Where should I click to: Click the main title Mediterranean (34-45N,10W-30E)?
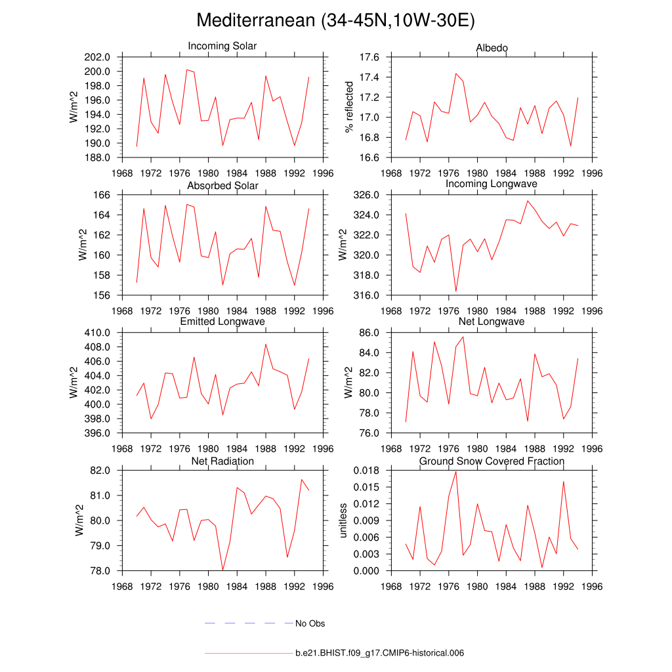[x=335, y=21]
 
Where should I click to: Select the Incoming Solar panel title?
[x=222, y=47]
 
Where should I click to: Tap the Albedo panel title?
[x=492, y=49]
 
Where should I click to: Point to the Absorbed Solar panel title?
[x=222, y=186]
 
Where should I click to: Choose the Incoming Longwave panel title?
[x=492, y=184]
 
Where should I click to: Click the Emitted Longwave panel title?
[x=222, y=322]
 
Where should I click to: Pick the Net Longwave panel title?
[x=492, y=322]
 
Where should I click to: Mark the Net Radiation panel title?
[x=222, y=461]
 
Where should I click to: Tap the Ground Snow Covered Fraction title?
[x=492, y=461]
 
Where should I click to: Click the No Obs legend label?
[x=310, y=623]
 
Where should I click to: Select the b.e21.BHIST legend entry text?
[x=380, y=654]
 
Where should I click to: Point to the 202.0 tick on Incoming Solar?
[x=96, y=58]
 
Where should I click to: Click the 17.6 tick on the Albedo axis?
[x=370, y=58]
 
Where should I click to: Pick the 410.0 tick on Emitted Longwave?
[x=96, y=333]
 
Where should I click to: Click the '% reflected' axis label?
[x=350, y=107]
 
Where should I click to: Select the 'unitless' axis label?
[x=342, y=520]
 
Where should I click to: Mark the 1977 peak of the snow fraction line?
[x=456, y=471]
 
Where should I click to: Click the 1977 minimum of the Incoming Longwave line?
[x=456, y=291]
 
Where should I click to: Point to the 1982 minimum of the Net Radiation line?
[x=223, y=570]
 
